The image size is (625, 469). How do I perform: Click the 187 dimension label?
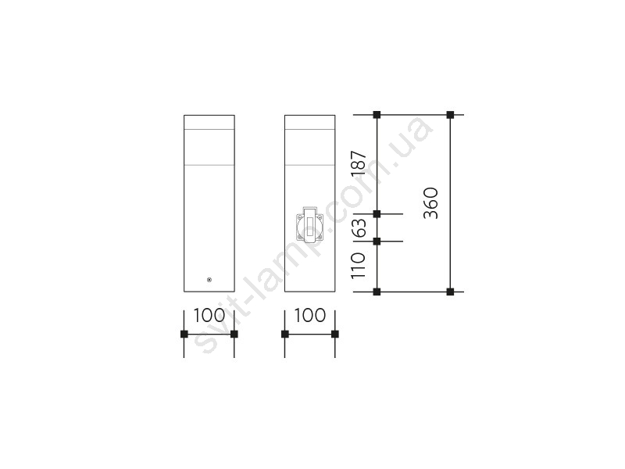(x=359, y=163)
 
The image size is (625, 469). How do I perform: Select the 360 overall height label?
(x=431, y=203)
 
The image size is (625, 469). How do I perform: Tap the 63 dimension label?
(x=359, y=227)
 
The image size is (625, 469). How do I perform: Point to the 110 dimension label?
(x=358, y=265)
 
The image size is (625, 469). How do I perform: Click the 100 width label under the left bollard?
(x=209, y=316)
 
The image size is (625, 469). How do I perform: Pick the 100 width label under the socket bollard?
(x=310, y=316)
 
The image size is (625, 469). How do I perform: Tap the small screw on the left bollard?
(x=209, y=280)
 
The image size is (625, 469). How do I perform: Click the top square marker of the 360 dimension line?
(x=451, y=115)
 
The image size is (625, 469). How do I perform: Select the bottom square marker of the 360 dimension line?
(x=451, y=292)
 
